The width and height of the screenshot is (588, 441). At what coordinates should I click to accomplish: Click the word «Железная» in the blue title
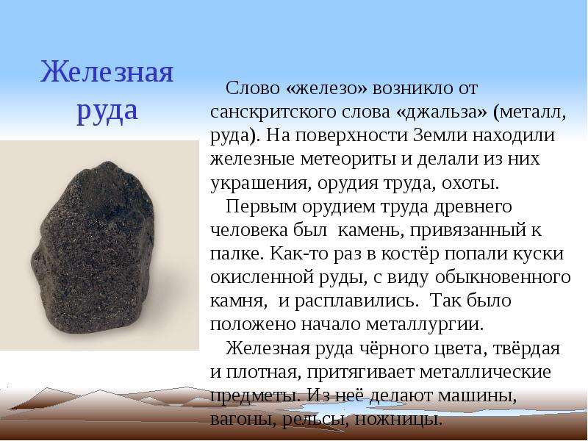(x=107, y=71)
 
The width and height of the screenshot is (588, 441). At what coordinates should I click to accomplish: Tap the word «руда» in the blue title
(x=107, y=112)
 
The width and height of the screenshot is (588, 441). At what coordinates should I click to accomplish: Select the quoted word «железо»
(x=327, y=88)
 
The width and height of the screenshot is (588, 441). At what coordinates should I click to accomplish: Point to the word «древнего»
(x=473, y=207)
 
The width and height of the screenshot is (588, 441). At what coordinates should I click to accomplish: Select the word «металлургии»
(x=425, y=325)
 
